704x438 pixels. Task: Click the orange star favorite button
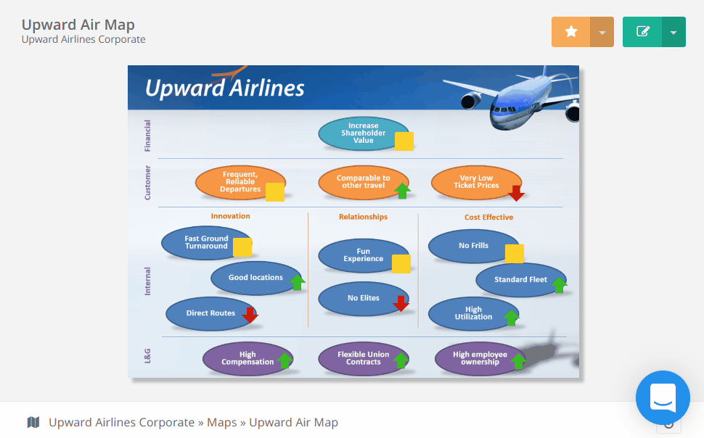(x=570, y=32)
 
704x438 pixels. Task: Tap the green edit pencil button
(x=642, y=32)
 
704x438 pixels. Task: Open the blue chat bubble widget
(x=663, y=397)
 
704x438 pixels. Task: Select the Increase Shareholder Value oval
(x=364, y=133)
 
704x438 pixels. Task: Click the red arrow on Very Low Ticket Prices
(x=516, y=193)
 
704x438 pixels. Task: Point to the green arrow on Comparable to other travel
(x=402, y=191)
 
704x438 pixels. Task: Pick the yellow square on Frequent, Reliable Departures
(x=275, y=192)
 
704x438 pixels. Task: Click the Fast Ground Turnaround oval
(x=207, y=243)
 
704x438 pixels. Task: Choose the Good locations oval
(x=256, y=278)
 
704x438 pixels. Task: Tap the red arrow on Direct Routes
(x=250, y=315)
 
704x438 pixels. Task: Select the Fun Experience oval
(x=364, y=255)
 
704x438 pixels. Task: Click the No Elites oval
(x=364, y=299)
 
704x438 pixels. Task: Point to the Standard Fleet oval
(x=521, y=280)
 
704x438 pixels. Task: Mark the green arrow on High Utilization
(x=511, y=318)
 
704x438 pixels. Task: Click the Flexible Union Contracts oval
(x=364, y=358)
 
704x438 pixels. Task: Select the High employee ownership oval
(x=480, y=358)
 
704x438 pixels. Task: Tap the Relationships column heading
(x=363, y=217)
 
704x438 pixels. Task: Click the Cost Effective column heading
(x=488, y=218)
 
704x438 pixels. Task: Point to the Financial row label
(x=147, y=136)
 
